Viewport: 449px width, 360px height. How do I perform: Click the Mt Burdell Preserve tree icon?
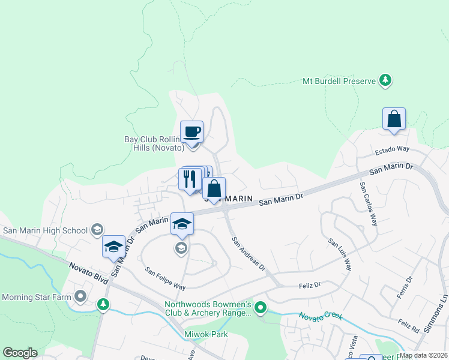[x=385, y=80]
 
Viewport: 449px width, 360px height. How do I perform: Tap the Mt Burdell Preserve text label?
[x=339, y=80]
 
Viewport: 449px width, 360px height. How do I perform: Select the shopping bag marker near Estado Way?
[x=394, y=119]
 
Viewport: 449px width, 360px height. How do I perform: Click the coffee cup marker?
[x=191, y=132]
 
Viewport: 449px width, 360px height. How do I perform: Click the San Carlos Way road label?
[x=369, y=203]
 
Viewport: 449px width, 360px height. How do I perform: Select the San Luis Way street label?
[x=340, y=254]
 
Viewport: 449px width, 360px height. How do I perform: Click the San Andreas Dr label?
[x=249, y=253]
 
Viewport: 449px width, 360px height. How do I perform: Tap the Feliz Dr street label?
[x=310, y=285]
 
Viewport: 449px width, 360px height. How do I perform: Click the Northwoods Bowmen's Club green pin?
[x=260, y=308]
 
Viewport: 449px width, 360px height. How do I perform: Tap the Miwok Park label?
[x=206, y=334]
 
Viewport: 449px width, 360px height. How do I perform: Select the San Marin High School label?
[x=46, y=230]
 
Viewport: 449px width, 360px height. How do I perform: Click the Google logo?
[x=20, y=353]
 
